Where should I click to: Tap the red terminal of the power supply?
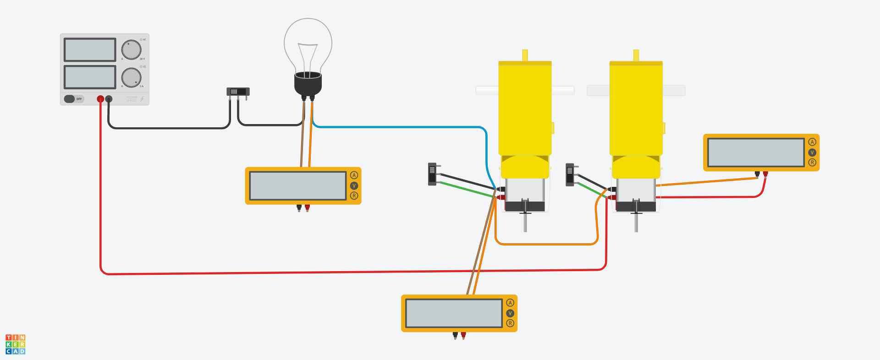[x=100, y=99]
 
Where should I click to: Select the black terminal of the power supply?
[x=109, y=99]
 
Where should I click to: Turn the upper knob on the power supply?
[x=131, y=50]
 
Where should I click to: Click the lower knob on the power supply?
[x=131, y=77]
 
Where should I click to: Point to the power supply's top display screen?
[x=90, y=49]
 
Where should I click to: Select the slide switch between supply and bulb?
[x=238, y=92]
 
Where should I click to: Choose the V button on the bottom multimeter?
[x=510, y=313]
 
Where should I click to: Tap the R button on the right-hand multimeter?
[x=812, y=162]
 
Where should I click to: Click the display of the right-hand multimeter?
[x=756, y=153]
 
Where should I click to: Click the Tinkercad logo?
[x=16, y=344]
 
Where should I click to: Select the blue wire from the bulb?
[x=399, y=127]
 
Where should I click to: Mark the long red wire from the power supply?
[x=321, y=273]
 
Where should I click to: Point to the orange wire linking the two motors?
[x=545, y=244]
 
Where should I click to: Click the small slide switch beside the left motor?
[x=432, y=174]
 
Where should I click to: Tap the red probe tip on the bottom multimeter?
[x=463, y=336]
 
